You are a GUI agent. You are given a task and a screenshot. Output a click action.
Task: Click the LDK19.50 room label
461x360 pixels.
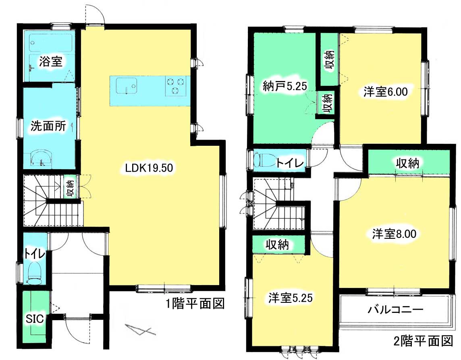click(x=149, y=168)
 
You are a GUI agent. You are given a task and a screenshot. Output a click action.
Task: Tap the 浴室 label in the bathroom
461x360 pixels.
click(x=50, y=62)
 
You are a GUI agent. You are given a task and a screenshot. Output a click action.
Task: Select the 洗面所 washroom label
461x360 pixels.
click(x=48, y=126)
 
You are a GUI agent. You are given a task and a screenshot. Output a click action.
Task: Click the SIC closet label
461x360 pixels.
click(x=35, y=319)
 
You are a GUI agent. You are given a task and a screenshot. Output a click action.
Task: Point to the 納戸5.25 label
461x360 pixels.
click(x=284, y=86)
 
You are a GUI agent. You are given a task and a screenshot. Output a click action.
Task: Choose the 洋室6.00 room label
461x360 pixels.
click(x=385, y=92)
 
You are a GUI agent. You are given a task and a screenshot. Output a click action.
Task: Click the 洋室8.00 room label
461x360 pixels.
click(x=394, y=234)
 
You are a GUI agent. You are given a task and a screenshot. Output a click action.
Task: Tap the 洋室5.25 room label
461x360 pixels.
click(x=290, y=298)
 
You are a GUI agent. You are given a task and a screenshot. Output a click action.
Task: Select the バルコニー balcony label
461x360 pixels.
click(x=395, y=309)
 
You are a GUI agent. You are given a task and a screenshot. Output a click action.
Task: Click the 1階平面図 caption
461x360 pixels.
click(x=195, y=303)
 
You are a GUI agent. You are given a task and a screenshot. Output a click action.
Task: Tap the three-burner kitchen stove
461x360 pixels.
click(x=176, y=86)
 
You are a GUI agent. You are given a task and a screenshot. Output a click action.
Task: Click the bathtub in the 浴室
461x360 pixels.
click(x=50, y=43)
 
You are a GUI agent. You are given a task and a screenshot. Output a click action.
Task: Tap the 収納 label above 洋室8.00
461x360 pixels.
click(x=407, y=163)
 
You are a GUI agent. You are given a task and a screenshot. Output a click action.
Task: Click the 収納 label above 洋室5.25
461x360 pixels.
click(x=277, y=244)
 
